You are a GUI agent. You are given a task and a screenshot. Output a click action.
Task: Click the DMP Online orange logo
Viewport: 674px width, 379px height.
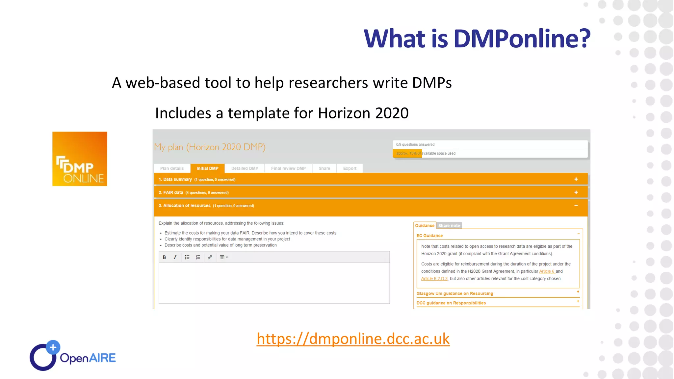click(x=80, y=159)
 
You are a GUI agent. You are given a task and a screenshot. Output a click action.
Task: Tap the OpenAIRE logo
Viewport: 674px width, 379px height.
click(x=73, y=356)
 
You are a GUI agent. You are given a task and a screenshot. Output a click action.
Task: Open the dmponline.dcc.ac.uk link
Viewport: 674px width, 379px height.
click(x=353, y=339)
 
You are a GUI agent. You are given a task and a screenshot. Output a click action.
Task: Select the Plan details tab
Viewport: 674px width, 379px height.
click(x=172, y=168)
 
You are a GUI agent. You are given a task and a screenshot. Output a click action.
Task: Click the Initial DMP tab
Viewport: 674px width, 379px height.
click(x=207, y=168)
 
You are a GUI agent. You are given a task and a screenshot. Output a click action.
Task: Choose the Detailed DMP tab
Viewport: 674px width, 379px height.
click(x=245, y=168)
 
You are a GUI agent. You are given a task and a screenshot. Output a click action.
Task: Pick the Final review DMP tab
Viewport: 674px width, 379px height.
click(x=288, y=168)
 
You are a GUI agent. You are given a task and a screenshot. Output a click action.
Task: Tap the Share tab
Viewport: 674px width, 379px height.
click(x=324, y=168)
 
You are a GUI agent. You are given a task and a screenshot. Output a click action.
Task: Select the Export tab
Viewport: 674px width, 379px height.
click(x=350, y=168)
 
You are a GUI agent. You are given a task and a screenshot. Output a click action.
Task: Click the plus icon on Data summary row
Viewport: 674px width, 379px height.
click(x=576, y=179)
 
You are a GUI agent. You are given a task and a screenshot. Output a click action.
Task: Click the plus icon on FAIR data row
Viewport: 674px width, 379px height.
click(x=576, y=192)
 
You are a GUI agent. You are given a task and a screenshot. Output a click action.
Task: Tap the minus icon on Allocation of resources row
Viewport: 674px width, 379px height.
click(x=576, y=206)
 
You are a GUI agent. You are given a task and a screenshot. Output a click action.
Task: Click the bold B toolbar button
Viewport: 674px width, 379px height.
click(x=164, y=257)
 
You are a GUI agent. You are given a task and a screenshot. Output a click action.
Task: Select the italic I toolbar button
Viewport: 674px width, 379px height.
click(x=175, y=257)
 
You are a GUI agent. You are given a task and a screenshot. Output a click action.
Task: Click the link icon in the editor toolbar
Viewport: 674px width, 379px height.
click(x=210, y=257)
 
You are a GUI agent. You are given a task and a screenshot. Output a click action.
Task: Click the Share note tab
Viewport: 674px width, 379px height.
click(x=449, y=226)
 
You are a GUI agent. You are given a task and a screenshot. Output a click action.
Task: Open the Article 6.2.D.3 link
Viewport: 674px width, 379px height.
click(x=434, y=279)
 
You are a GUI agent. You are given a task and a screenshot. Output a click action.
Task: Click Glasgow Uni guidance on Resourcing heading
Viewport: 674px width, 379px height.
click(x=454, y=293)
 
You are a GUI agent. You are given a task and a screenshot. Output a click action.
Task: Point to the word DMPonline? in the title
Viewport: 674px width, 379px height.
click(x=522, y=38)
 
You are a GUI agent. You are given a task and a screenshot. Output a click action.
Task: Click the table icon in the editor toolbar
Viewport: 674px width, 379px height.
click(x=223, y=257)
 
